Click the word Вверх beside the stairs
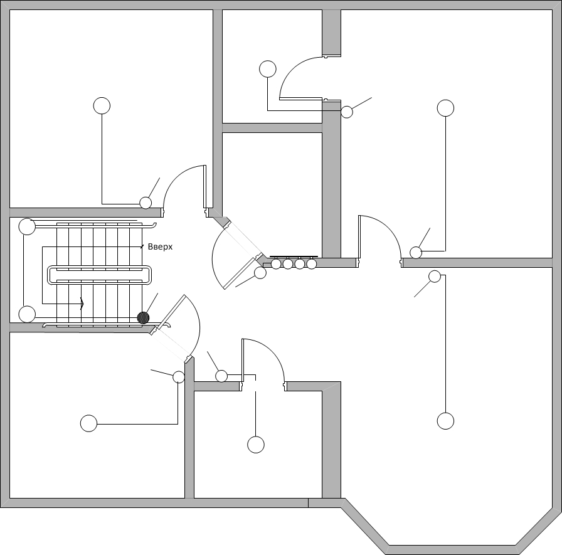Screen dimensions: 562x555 coord(160,247)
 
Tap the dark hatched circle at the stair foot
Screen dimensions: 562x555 coord(144,317)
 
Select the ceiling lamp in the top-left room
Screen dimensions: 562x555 coord(102,106)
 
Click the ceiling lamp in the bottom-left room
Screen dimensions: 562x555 coord(88,423)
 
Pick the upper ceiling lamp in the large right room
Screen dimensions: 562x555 coord(445,108)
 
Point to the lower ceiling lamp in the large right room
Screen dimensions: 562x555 coord(445,421)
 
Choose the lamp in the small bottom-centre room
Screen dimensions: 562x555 coord(256,445)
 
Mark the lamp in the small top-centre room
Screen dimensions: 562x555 coord(268,69)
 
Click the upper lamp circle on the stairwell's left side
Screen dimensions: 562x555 coord(27,226)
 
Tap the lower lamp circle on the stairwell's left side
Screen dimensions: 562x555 coord(27,314)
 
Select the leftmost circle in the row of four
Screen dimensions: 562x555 coord(276,264)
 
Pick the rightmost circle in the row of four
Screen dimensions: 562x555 coord(312,264)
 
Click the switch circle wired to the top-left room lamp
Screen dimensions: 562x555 coord(146,203)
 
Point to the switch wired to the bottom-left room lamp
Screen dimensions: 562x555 coord(179,377)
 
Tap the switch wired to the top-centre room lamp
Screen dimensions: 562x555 coord(347,112)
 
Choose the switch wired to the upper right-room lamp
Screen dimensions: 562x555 coord(416,253)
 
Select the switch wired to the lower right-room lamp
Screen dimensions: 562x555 coord(435,277)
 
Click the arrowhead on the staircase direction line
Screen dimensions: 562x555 coord(82,304)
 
